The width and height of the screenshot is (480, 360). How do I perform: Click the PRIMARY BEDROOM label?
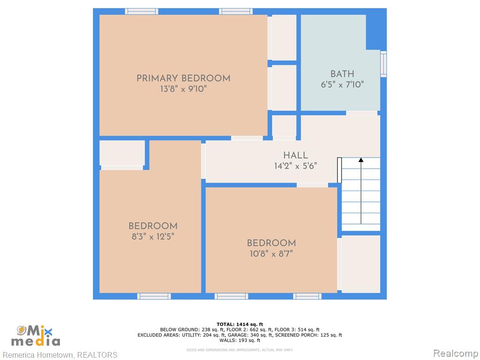(x=183, y=78)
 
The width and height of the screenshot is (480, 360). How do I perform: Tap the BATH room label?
(x=342, y=74)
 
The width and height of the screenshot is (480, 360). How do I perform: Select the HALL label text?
(x=295, y=155)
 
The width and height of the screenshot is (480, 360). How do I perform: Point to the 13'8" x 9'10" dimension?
(x=183, y=89)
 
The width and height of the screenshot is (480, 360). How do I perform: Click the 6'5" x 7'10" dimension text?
(x=342, y=84)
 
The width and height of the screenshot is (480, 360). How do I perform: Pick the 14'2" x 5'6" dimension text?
(x=295, y=166)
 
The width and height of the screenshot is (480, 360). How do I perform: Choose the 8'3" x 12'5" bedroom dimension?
(x=153, y=237)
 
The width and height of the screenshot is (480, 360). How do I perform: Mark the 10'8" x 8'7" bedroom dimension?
(x=271, y=254)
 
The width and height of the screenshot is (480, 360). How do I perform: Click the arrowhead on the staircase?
(x=361, y=160)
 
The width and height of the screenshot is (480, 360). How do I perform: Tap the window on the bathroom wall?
(x=383, y=64)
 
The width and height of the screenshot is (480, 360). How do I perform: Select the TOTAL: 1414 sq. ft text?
(x=240, y=324)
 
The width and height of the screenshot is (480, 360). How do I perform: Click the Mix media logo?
(x=36, y=336)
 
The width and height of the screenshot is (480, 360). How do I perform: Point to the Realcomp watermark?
(x=455, y=353)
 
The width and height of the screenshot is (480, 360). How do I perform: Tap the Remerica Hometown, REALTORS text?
(x=60, y=355)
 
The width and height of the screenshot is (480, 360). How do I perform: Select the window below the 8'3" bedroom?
(x=154, y=296)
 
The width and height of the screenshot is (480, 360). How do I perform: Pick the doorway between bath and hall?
(x=361, y=113)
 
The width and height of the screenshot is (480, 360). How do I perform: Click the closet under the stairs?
(x=360, y=264)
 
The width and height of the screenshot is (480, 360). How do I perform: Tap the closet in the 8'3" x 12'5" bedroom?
(x=122, y=153)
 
